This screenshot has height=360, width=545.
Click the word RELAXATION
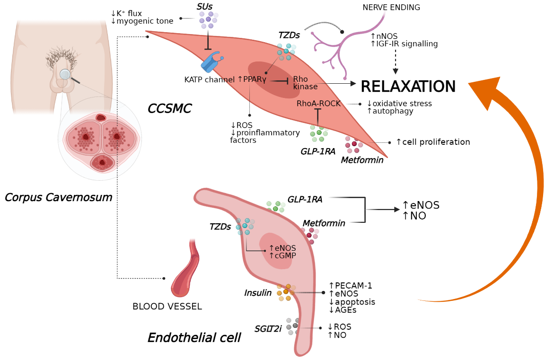point(408,87)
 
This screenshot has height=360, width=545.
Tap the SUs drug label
point(204,6)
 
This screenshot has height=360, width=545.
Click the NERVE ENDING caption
point(391,8)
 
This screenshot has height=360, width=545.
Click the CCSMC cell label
point(169,109)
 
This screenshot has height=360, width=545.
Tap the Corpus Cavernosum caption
point(58,197)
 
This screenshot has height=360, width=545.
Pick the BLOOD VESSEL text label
point(167,307)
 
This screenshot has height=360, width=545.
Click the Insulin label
point(258,293)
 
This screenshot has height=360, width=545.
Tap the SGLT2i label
point(268,329)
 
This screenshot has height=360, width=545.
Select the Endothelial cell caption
point(194,338)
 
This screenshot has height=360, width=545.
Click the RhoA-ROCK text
point(318,104)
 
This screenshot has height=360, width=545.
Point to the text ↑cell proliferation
point(432,142)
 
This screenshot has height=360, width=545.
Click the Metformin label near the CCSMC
point(362,160)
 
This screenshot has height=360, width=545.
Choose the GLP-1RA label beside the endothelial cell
point(305,200)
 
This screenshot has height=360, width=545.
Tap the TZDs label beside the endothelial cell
point(220,227)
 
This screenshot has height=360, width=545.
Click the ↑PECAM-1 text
point(350,286)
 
